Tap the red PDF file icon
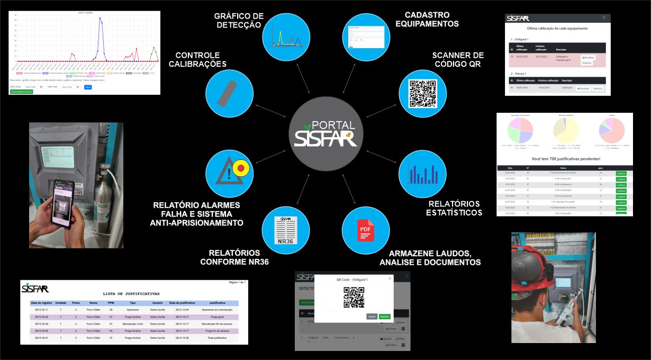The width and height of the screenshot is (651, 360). pos(365,231)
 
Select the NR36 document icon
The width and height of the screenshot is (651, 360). pos(285,230)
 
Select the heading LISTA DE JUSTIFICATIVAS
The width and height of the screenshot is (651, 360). pos(131,293)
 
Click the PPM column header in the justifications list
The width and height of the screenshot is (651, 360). pos(111,303)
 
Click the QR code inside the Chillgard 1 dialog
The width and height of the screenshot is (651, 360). pos(354,297)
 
